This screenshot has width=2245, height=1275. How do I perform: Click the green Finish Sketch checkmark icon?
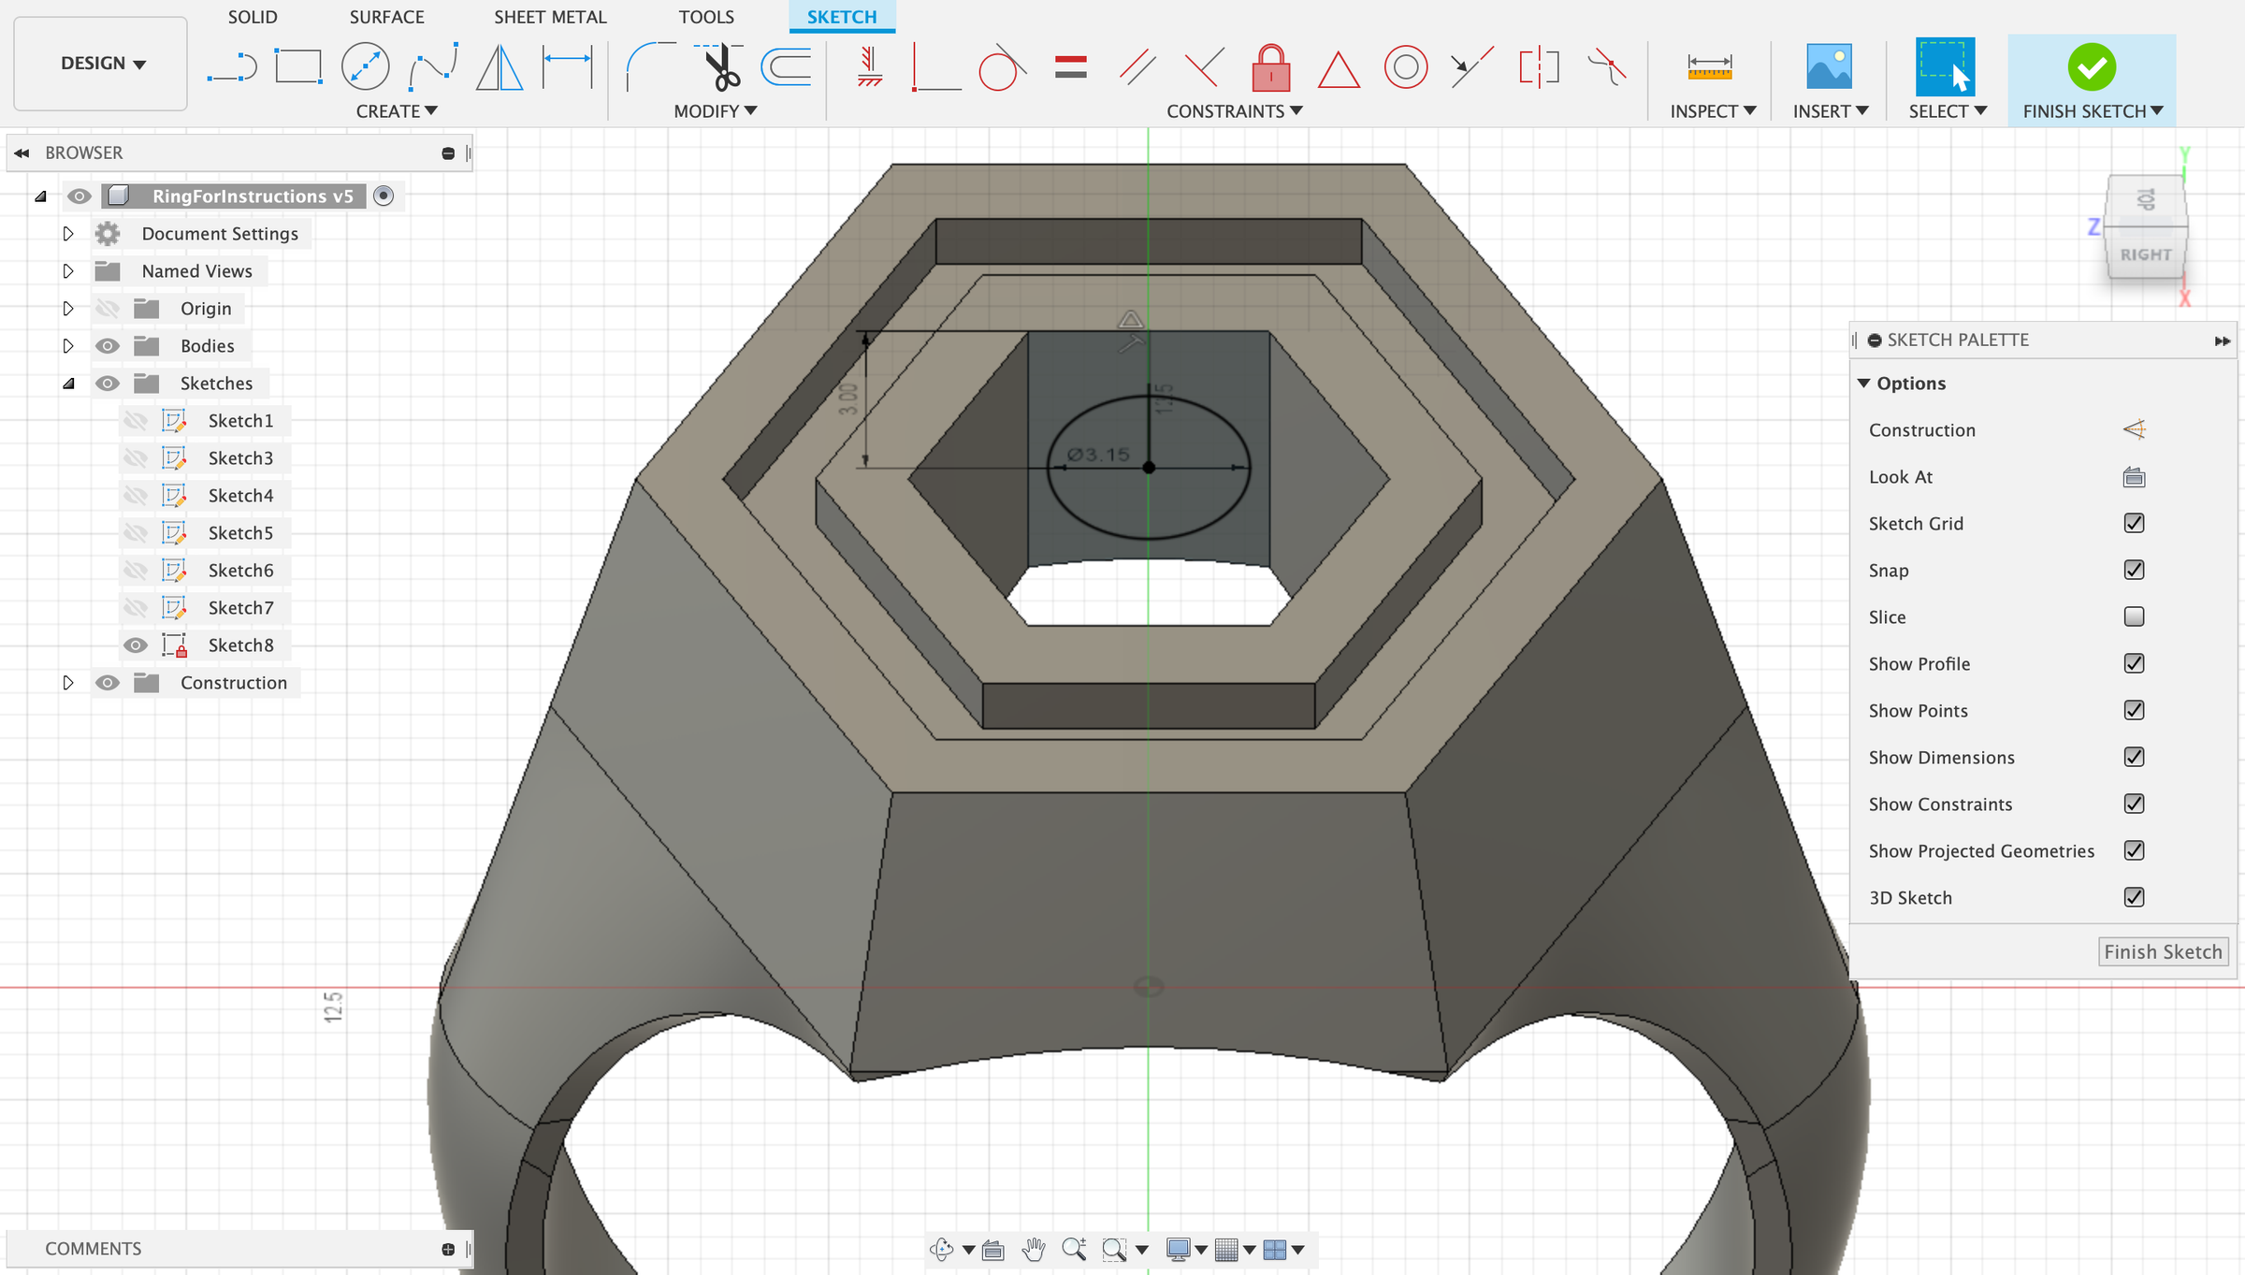(x=2092, y=67)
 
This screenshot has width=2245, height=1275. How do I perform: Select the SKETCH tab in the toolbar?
(x=841, y=17)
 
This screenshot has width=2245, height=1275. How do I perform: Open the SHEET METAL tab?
(x=550, y=17)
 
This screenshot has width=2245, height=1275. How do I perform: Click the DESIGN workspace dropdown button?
(x=101, y=64)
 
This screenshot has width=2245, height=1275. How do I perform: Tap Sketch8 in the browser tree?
(x=240, y=645)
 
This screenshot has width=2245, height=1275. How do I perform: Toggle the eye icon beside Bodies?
(x=108, y=346)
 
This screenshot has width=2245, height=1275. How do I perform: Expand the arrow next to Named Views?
(x=68, y=271)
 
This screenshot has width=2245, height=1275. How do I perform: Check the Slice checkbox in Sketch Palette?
(x=2134, y=616)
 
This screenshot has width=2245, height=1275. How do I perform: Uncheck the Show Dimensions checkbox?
(x=2134, y=757)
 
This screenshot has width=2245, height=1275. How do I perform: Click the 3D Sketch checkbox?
(x=2134, y=897)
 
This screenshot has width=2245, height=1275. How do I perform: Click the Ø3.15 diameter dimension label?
(x=1098, y=455)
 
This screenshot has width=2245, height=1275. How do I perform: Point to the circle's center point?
(x=1149, y=467)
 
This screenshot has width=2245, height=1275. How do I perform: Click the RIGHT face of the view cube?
(x=2145, y=254)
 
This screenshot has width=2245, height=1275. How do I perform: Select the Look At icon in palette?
(x=2134, y=477)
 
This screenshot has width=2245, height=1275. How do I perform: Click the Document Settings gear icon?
(x=108, y=234)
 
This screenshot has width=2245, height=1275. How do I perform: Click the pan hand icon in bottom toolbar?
(x=1033, y=1249)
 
